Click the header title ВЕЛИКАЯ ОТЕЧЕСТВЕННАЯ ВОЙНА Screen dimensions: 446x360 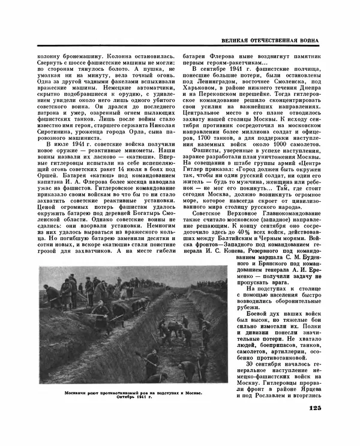268,41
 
